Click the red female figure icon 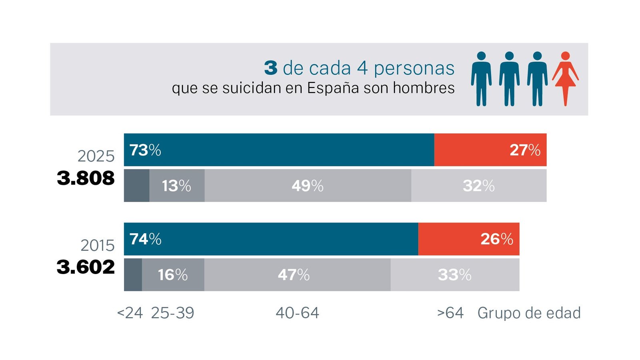pyautogui.click(x=565, y=78)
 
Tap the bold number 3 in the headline pyautogui.click(x=270, y=68)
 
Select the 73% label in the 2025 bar pyautogui.click(x=145, y=150)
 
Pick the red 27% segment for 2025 pyautogui.click(x=490, y=150)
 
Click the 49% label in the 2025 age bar pyautogui.click(x=308, y=186)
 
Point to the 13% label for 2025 pyautogui.click(x=176, y=186)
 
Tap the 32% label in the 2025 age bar pyautogui.click(x=478, y=186)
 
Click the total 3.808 pyautogui.click(x=86, y=178)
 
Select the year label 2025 pyautogui.click(x=96, y=156)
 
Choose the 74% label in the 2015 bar pyautogui.click(x=146, y=239)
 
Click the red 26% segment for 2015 pyautogui.click(x=469, y=239)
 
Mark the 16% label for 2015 pyautogui.click(x=172, y=275)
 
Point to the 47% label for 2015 pyautogui.click(x=294, y=275)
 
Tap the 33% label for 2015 pyautogui.click(x=454, y=275)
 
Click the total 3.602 pyautogui.click(x=86, y=267)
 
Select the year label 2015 pyautogui.click(x=98, y=246)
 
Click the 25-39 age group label pyautogui.click(x=172, y=313)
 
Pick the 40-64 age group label pyautogui.click(x=298, y=313)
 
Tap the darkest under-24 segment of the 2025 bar pyautogui.click(x=136, y=186)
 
